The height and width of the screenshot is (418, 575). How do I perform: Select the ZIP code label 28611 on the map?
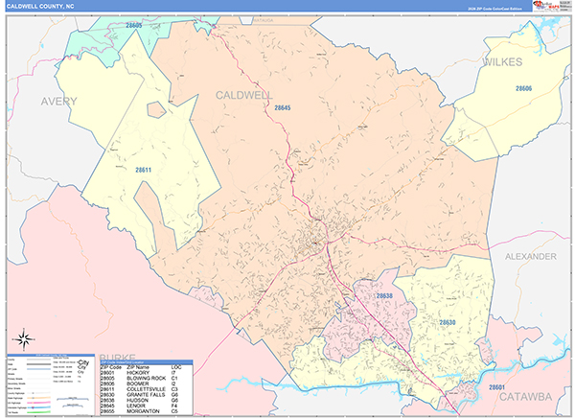click(x=143, y=170)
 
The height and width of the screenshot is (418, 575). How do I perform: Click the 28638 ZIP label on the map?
click(x=383, y=297)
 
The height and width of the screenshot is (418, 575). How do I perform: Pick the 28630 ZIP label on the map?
click(x=447, y=322)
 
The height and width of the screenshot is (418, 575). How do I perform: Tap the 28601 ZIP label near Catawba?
click(x=496, y=387)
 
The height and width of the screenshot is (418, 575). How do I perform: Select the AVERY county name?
click(x=57, y=101)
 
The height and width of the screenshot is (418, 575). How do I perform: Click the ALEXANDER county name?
click(x=530, y=258)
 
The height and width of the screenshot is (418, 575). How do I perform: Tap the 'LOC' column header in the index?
click(x=175, y=367)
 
